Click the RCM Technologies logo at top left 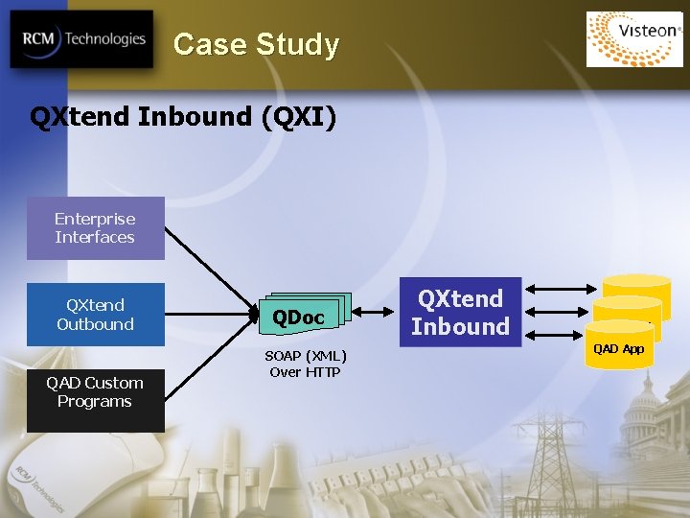pyautogui.click(x=81, y=39)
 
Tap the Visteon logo pyautogui.click(x=633, y=37)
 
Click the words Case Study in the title pyautogui.click(x=256, y=45)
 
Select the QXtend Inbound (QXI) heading pyautogui.click(x=183, y=117)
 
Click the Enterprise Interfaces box pyautogui.click(x=95, y=228)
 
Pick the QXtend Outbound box pyautogui.click(x=95, y=315)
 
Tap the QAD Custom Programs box pyautogui.click(x=95, y=392)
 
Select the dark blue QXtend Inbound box pyautogui.click(x=460, y=313)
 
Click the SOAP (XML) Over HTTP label pyautogui.click(x=305, y=365)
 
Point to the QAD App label pyautogui.click(x=618, y=349)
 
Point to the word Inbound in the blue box pyautogui.click(x=460, y=327)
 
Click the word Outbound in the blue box pyautogui.click(x=95, y=324)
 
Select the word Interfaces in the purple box pyautogui.click(x=95, y=237)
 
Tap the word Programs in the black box pyautogui.click(x=94, y=402)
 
